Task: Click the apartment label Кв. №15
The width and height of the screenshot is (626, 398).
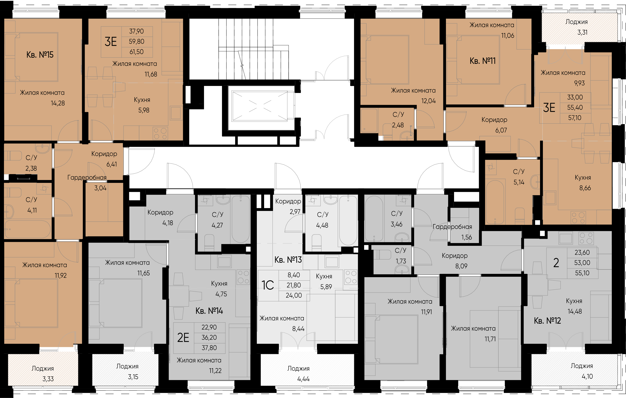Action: coord(40,55)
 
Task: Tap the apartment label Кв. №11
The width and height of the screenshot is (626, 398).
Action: coord(483,61)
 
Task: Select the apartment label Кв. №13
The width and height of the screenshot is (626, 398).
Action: coord(288,260)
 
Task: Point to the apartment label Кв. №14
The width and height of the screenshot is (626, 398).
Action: coord(209,311)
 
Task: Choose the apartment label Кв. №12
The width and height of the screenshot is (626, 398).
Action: coord(547,321)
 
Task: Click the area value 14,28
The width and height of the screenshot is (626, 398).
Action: coord(58,103)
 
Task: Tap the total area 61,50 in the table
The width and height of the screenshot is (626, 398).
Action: coord(136,52)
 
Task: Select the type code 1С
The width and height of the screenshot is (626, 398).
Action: coord(268,285)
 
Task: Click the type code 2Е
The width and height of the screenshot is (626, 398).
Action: coord(183,337)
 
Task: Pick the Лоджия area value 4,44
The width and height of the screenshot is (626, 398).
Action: coord(303,379)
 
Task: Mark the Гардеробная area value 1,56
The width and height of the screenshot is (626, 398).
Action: coord(467,237)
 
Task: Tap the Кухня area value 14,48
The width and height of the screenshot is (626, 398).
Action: coord(574,311)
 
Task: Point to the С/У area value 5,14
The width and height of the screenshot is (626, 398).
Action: coord(519,182)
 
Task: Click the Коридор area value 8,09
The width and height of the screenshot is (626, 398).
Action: coord(461,266)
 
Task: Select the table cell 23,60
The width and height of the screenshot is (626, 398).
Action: coord(582,252)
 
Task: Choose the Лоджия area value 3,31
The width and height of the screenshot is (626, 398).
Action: coord(582,32)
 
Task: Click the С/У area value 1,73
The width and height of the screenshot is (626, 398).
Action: coord(401,261)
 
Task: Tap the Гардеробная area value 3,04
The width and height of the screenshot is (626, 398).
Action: coord(100,188)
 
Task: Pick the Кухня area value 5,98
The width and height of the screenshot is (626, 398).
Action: coord(144,110)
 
